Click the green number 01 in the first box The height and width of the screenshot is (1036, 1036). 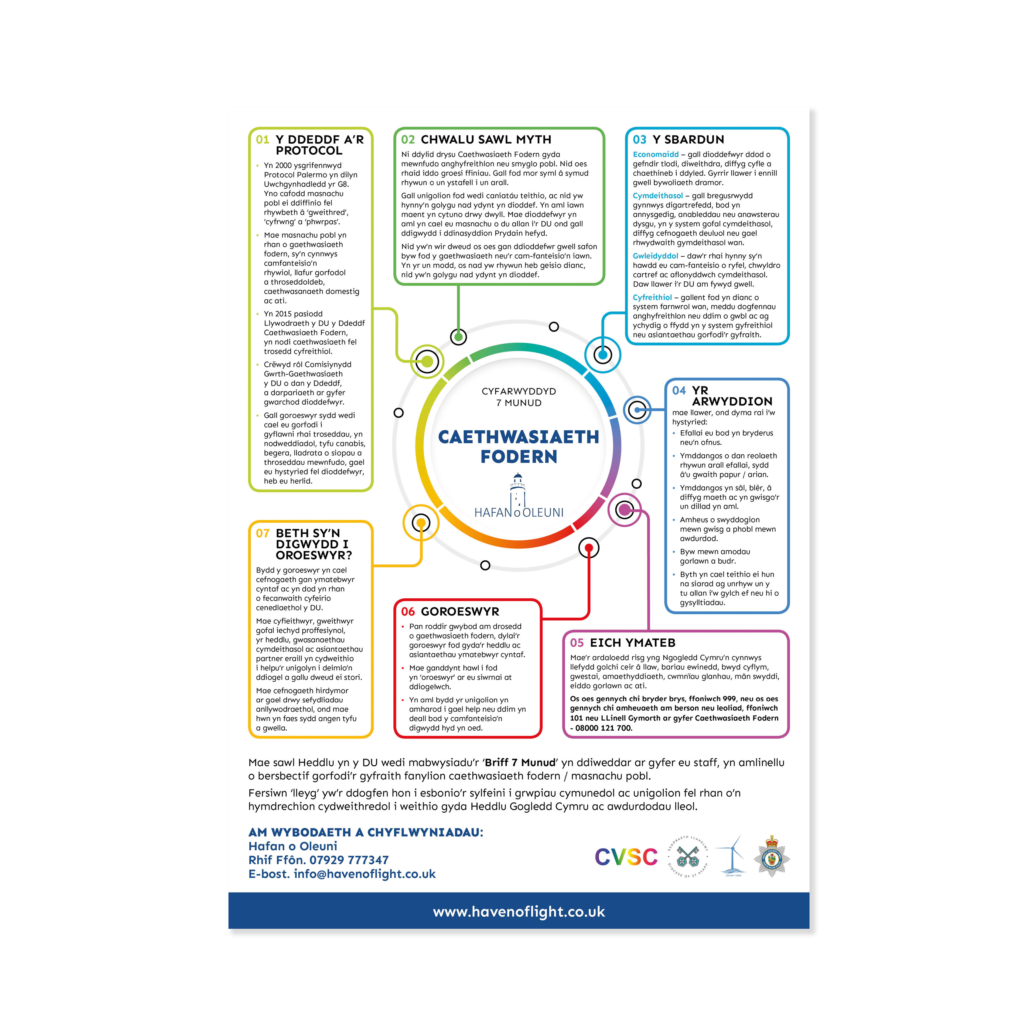click(262, 140)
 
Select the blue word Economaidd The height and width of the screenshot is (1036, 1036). click(655, 154)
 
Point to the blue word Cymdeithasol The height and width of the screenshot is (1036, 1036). click(657, 196)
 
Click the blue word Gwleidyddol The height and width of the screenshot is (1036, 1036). click(655, 256)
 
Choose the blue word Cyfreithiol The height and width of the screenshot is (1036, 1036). click(652, 297)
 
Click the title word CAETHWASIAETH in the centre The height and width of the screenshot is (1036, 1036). click(518, 437)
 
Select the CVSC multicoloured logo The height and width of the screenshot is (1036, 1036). click(626, 857)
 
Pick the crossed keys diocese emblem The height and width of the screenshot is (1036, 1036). click(688, 856)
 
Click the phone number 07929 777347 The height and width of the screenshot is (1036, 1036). click(349, 860)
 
